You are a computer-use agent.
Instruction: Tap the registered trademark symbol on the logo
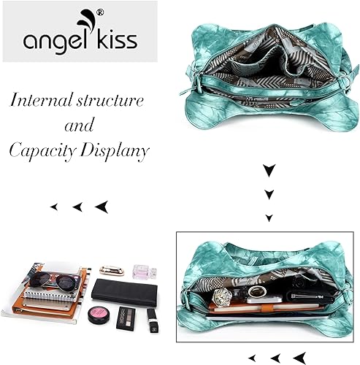pyautogui.click(x=100, y=12)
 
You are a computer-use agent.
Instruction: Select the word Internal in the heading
pyautogui.click(x=42, y=99)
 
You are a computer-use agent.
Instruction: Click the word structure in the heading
pyautogui.click(x=110, y=101)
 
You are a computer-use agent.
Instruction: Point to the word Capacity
pyautogui.click(x=42, y=152)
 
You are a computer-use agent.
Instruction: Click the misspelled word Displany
pyautogui.click(x=114, y=151)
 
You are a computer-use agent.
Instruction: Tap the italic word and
pyautogui.click(x=80, y=125)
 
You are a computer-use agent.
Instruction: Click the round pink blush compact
pyautogui.click(x=99, y=315)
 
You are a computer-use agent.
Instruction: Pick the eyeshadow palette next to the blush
pyautogui.click(x=126, y=318)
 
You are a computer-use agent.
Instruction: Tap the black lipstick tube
pyautogui.click(x=153, y=320)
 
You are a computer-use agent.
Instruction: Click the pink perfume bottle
pyautogui.click(x=145, y=272)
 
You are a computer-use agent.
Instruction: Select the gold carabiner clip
pyautogui.click(x=112, y=270)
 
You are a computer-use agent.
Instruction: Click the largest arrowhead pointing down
pyautogui.click(x=269, y=169)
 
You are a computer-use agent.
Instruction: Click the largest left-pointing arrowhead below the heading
pyautogui.click(x=102, y=207)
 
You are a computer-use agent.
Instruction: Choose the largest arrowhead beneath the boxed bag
pyautogui.click(x=300, y=358)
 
